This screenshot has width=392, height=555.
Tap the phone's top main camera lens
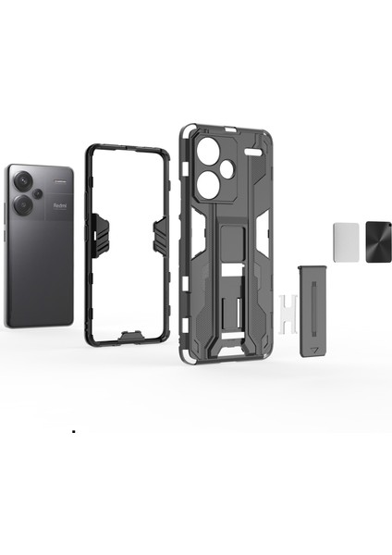pos(22,185)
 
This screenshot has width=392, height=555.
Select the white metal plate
pos(345,240)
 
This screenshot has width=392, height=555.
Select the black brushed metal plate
pos(379,240)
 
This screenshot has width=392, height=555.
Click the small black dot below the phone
pos(73,432)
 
